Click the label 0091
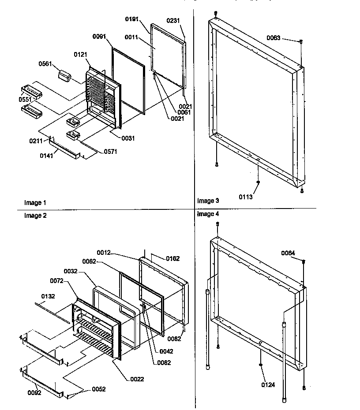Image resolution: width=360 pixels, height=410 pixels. pos(99,37)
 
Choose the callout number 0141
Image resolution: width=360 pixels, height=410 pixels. pos(46,155)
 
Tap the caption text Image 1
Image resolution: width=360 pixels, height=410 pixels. pos(35,203)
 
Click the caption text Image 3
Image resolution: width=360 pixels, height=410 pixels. pos(208,201)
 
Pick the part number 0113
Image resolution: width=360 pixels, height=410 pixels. pos(246,197)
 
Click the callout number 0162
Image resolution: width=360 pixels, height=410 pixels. pos(172,258)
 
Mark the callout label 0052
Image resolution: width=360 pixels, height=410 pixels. pos(98,389)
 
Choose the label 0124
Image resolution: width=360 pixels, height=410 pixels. pos(268,385)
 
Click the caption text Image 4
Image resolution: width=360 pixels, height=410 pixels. pos(208,214)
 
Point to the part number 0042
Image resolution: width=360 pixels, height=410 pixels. pos(166,351)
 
